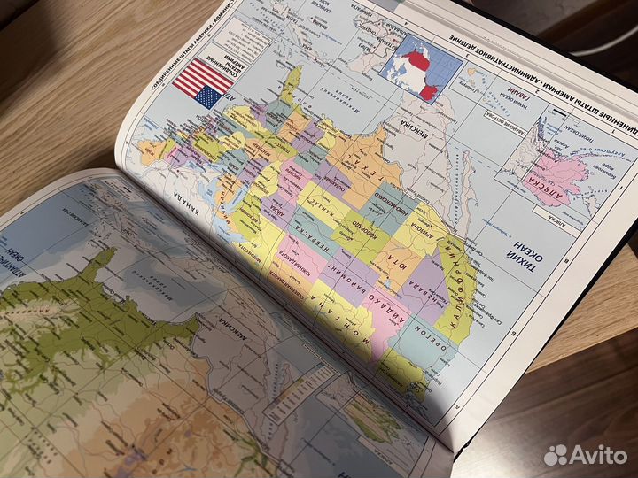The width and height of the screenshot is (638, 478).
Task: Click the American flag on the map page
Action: pyautogui.click(x=200, y=83)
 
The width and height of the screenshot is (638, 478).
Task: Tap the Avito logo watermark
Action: pyautogui.click(x=585, y=454)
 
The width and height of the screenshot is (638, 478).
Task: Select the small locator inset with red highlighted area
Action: pyautogui.click(x=424, y=62)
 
